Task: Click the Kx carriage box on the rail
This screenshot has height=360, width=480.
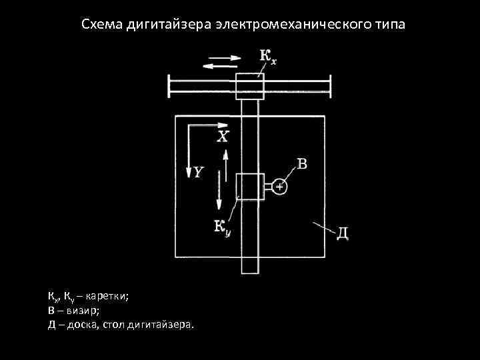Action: point(250,86)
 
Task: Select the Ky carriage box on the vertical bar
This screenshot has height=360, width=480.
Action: point(250,186)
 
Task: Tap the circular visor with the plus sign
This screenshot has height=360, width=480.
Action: point(280,188)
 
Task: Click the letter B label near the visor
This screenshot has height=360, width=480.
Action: point(301,163)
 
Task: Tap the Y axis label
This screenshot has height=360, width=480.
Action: point(199,172)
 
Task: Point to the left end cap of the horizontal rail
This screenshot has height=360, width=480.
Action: point(169,86)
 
